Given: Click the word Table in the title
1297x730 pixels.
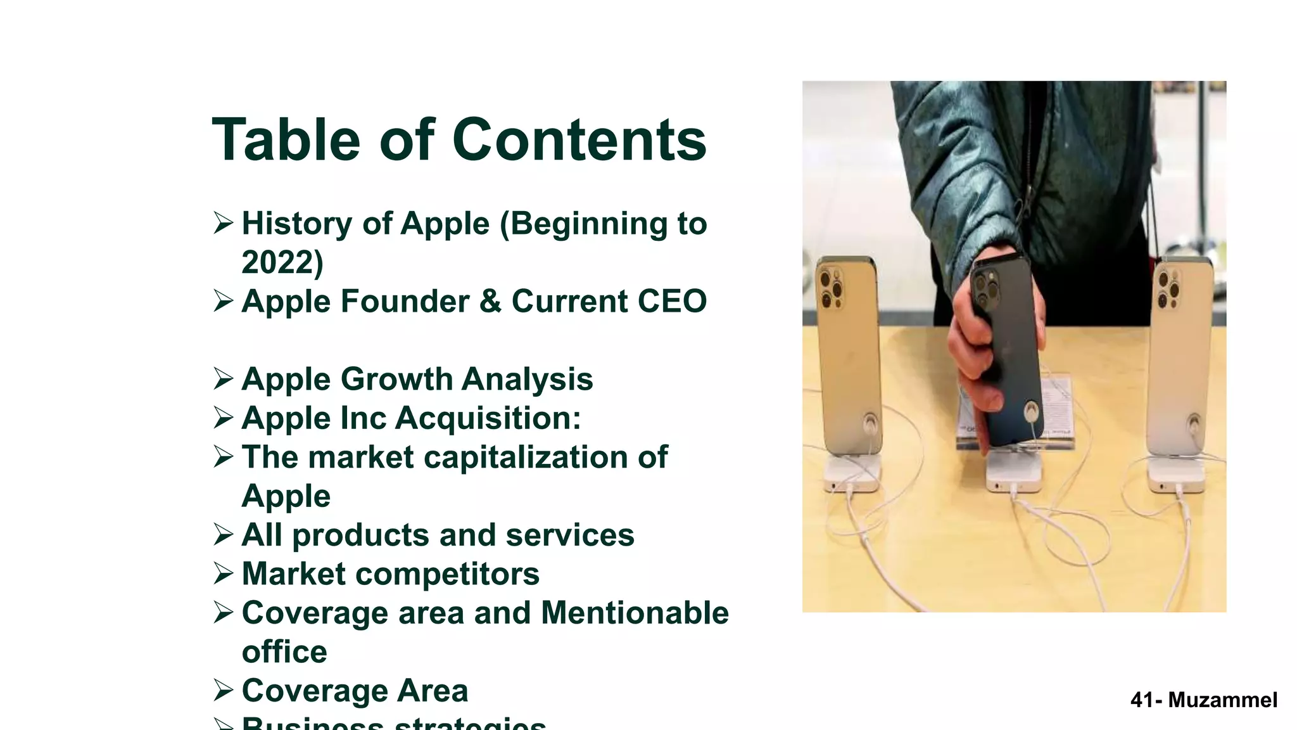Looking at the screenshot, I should click(286, 140).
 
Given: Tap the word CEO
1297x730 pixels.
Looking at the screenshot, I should click(672, 301).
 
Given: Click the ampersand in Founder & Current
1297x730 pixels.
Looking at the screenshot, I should click(490, 301).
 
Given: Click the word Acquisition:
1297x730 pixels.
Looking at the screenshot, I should click(488, 418).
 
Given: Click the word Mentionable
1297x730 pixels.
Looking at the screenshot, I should click(635, 613).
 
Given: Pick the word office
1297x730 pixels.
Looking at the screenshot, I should click(284, 652).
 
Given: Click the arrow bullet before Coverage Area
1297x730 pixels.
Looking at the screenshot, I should click(224, 690).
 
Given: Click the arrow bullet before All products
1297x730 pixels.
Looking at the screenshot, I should click(224, 535).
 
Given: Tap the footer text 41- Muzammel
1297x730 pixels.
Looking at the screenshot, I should click(1203, 700).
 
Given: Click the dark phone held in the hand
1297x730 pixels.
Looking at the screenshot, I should click(1007, 355).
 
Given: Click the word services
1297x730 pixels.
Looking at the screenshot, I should click(569, 535).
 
